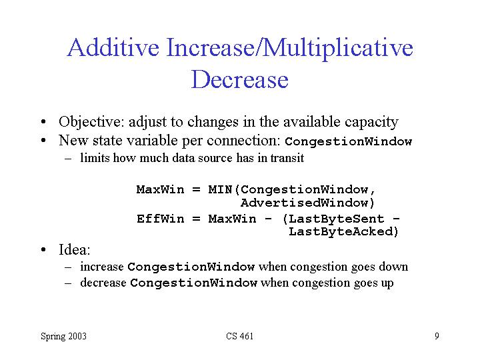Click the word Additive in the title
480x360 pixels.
click(x=113, y=47)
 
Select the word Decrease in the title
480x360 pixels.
click(x=240, y=79)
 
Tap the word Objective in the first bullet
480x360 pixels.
click(x=91, y=122)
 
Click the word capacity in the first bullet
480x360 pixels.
click(x=371, y=123)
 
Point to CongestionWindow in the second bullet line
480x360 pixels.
click(x=349, y=141)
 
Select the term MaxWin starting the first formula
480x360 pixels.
click(x=161, y=189)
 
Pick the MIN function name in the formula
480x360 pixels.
click(x=220, y=189)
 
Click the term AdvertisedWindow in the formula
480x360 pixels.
click(x=304, y=203)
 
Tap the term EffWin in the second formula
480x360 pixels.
click(x=161, y=219)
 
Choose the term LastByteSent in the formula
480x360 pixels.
click(x=336, y=219)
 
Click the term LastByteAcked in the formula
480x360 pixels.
click(x=340, y=231)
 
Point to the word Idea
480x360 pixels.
click(x=75, y=249)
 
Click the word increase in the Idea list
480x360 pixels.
click(x=102, y=267)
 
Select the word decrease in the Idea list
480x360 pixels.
click(x=103, y=283)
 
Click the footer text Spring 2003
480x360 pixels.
click(x=64, y=336)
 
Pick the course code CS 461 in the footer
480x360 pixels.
click(x=240, y=336)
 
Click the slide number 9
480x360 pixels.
click(x=437, y=336)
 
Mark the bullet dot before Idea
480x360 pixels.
click(x=43, y=250)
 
